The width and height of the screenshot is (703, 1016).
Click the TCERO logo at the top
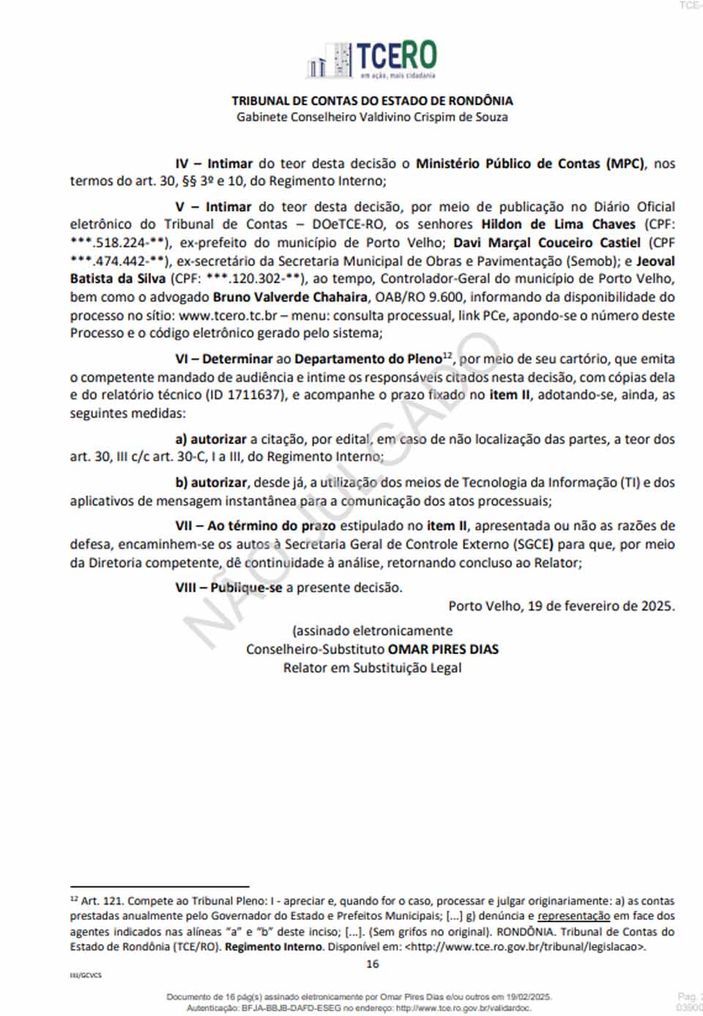(372, 59)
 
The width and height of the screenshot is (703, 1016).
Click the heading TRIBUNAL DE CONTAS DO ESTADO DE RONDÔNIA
(372, 100)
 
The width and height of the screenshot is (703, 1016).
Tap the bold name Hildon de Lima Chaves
(558, 225)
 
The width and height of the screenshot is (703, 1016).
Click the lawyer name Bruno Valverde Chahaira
(290, 297)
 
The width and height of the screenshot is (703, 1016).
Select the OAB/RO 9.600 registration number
(419, 297)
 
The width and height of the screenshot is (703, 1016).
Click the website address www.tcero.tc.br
(228, 316)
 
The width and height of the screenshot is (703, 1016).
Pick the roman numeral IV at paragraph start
(182, 164)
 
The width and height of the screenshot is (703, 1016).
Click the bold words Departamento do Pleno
(368, 359)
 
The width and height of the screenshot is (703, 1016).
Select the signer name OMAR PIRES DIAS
(443, 650)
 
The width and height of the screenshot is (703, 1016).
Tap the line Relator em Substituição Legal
(372, 668)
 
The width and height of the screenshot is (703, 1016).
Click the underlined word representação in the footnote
(573, 916)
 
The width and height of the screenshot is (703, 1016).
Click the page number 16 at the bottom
(372, 964)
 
